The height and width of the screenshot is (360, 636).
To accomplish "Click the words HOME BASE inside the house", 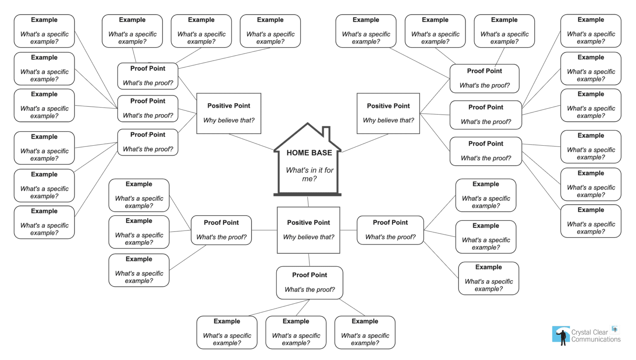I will point(309,153).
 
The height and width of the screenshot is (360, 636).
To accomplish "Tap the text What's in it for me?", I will point(309,174).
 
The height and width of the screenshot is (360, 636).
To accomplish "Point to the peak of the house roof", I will point(308,124).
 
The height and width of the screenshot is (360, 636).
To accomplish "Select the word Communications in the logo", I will point(596,339).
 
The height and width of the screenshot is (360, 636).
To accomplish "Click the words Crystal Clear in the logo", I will point(590,332).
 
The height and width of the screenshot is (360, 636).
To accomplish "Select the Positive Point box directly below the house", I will point(308,230).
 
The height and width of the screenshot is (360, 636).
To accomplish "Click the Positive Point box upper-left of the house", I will point(229,113).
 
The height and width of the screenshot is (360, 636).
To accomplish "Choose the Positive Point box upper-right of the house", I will point(388,113).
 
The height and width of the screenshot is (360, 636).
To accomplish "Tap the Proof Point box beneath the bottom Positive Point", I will point(310,282).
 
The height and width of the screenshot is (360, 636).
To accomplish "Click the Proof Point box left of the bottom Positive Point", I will point(221,230).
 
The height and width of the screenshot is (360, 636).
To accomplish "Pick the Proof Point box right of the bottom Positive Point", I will point(390,230).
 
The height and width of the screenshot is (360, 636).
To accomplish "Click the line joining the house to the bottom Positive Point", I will point(308,202).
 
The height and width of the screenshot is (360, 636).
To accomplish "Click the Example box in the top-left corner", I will point(44,31).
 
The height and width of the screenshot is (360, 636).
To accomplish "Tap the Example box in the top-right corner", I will point(591,31).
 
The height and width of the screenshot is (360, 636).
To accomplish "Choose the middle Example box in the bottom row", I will point(296,332).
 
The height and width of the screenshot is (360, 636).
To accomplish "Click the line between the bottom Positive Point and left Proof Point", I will point(264,230).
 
